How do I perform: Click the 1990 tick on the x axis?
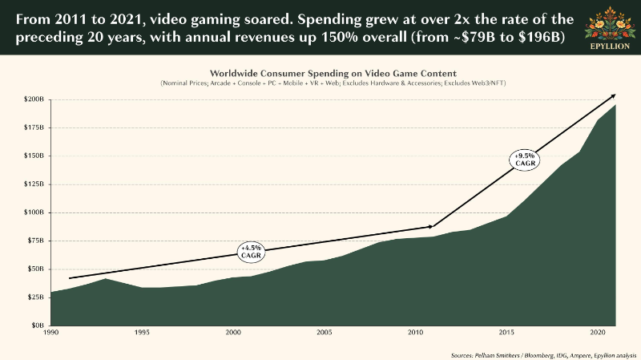point(51,332)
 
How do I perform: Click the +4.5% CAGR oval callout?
point(252,251)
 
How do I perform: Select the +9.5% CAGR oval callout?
point(524,158)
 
